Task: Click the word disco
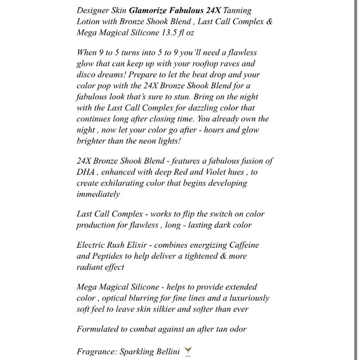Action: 90,76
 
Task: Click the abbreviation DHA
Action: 88,172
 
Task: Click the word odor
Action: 254,329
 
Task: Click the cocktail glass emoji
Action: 188,352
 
